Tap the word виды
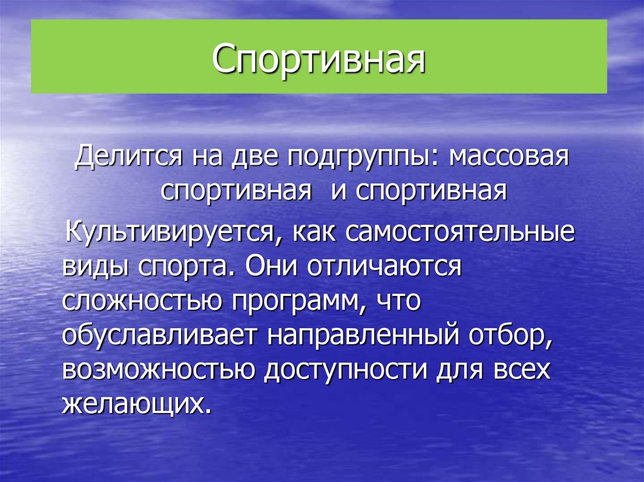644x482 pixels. tap(91, 267)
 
